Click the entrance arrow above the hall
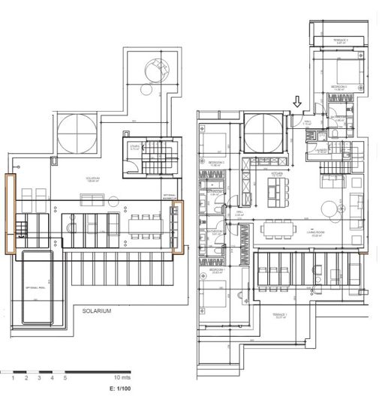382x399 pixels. point(299,101)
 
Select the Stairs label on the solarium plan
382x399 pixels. point(135,148)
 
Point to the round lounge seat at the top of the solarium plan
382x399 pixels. point(158,71)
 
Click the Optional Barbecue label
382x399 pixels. point(173,196)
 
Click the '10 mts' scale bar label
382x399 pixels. point(122,377)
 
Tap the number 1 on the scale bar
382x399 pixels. point(13,377)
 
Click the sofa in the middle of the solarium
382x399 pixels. point(93,199)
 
